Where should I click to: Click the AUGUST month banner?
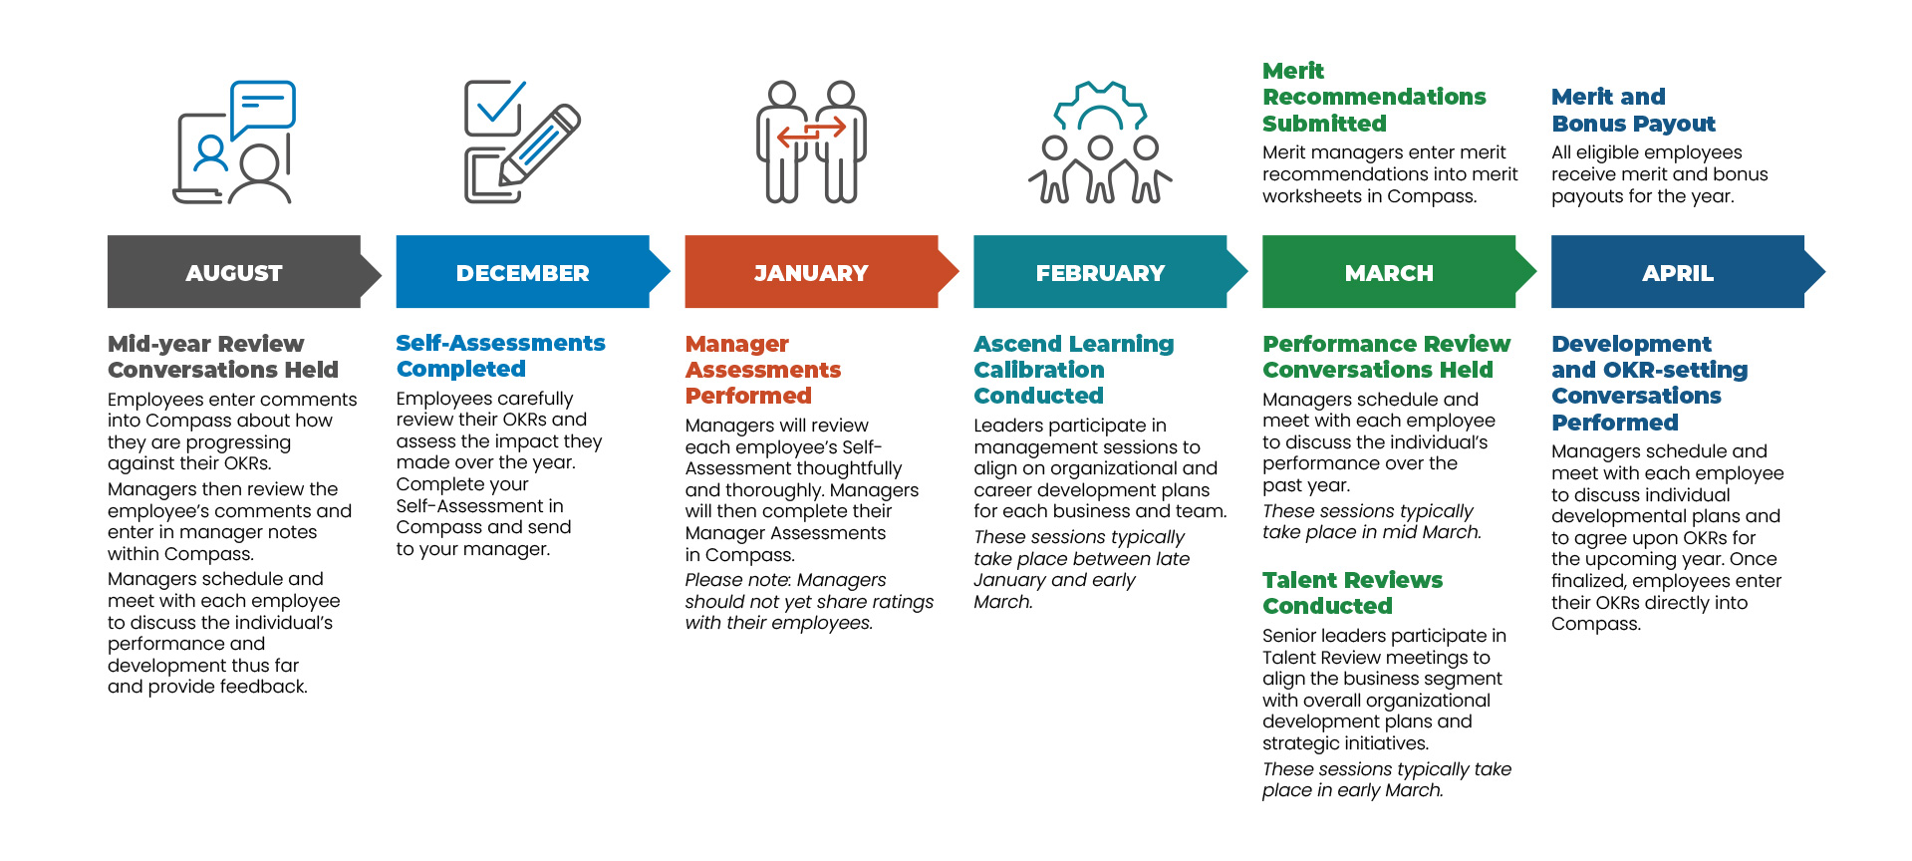pos(234,272)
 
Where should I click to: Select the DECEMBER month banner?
pos(522,272)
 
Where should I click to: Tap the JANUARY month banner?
pos(811,272)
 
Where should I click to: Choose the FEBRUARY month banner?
pos(1100,272)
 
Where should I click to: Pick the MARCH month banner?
pos(1389,272)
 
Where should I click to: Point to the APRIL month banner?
pos(1678,272)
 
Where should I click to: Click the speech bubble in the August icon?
pos(263,106)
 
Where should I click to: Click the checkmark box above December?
pos(493,108)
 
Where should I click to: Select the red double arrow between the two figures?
pos(811,131)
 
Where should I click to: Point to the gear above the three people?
pos(1100,106)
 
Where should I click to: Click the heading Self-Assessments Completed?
pos(500,356)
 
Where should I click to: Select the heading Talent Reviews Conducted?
pos(1352,593)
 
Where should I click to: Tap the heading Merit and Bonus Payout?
pos(1633,111)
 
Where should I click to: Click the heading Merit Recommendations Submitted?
pos(1374,98)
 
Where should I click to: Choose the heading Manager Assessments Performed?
pos(762,370)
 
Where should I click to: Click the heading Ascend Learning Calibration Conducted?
pos(1073,370)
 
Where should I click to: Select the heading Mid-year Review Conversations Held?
pos(222,357)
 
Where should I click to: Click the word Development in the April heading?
pos(1631,344)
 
